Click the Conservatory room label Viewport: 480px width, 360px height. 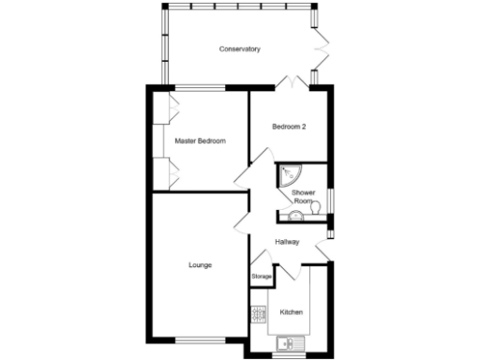click(239, 49)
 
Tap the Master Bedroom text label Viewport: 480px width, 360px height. click(201, 141)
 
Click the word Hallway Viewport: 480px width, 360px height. click(287, 242)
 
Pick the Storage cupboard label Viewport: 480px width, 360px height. click(262, 277)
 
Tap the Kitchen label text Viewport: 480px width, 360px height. click(292, 311)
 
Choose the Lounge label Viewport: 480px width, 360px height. click(200, 265)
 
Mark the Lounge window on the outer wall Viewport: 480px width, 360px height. click(200, 338)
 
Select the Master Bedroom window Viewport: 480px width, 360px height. click(200, 88)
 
